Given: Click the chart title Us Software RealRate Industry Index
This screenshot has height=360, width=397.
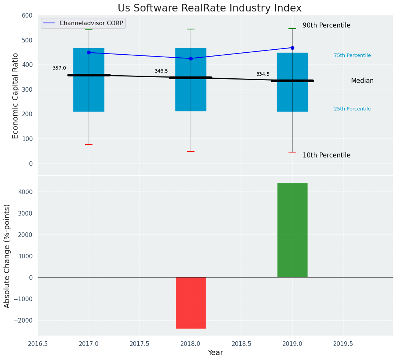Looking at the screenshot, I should [209, 8].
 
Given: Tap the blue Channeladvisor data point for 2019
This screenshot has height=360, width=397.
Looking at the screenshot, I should [292, 48].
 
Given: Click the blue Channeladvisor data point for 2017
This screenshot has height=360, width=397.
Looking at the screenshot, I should [89, 53].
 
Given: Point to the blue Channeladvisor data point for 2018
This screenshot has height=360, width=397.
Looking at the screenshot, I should [191, 58].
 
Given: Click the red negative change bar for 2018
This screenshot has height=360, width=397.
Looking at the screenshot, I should [191, 303].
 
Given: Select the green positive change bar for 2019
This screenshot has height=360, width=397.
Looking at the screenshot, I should [292, 230].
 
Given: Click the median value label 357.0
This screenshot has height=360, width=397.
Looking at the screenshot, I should [59, 68].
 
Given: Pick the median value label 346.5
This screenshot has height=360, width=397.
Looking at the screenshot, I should [161, 71].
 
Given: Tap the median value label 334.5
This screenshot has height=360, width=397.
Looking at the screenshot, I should [263, 75].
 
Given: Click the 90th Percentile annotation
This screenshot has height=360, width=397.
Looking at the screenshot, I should [326, 26].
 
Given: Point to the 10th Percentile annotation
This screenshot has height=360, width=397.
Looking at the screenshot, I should [326, 156].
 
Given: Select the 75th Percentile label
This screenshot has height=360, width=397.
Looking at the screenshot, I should [352, 55].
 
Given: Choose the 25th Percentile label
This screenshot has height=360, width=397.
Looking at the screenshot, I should [352, 109].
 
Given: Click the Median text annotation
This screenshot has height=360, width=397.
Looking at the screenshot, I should [362, 81].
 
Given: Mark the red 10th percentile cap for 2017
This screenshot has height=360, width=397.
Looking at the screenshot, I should [89, 144].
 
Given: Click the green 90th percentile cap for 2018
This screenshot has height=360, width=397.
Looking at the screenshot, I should [191, 29].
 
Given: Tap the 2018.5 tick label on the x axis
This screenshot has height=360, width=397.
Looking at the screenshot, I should [241, 344].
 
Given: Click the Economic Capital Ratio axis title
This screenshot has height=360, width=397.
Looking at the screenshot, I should [16, 96].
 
